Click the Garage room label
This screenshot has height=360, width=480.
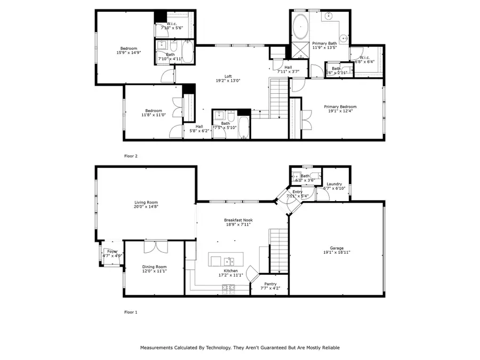tap(336, 247)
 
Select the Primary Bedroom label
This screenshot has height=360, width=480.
tap(340, 107)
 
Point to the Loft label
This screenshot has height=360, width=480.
tap(228, 76)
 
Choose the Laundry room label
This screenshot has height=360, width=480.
tap(334, 184)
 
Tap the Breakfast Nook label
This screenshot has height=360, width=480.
tap(238, 220)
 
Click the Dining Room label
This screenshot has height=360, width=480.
tap(154, 267)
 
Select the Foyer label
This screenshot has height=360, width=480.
tap(113, 251)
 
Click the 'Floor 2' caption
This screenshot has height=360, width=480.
tap(131, 156)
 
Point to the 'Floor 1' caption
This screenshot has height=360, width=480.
tap(131, 312)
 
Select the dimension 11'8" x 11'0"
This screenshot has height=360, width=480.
tap(154, 115)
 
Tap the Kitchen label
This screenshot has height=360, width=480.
tap(230, 271)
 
